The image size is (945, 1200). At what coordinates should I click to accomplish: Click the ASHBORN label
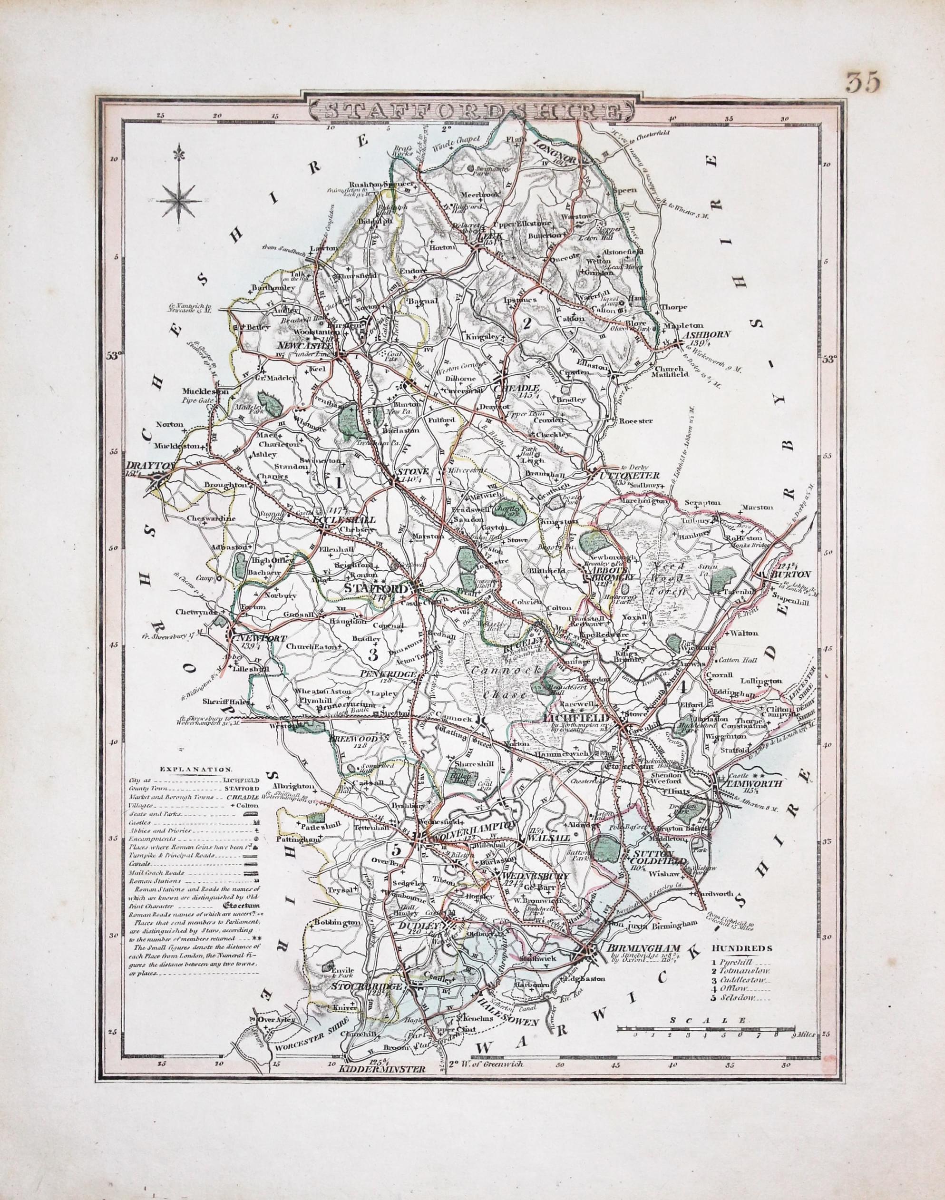tap(707, 335)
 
